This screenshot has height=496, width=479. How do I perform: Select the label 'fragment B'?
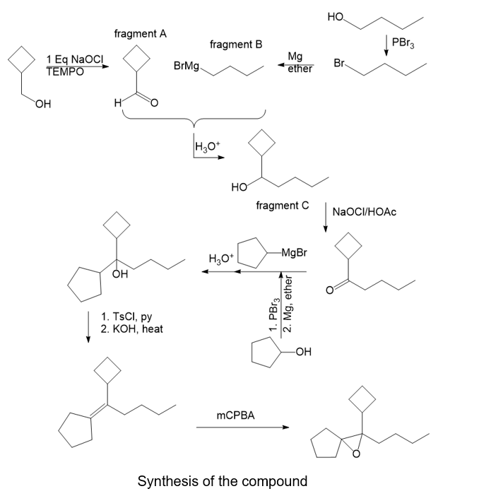[x=236, y=45]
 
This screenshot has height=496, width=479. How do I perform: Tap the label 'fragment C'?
[x=283, y=205]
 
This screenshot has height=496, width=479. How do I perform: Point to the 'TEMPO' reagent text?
[x=64, y=71]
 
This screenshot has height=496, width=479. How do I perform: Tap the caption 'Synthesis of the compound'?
[x=223, y=481]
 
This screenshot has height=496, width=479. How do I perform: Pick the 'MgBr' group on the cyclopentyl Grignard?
[x=294, y=252]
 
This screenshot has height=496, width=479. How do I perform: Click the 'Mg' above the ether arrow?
[x=296, y=57]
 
